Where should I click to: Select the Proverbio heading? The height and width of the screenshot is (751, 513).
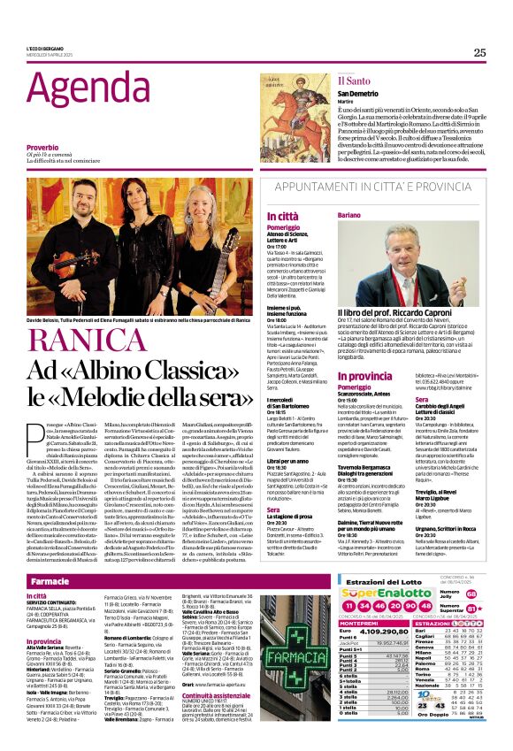click(43, 146)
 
